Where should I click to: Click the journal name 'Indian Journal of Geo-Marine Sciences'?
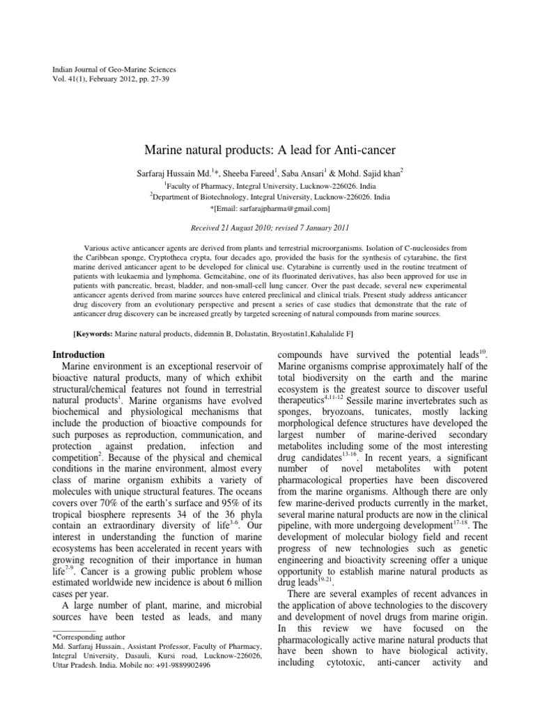point(115,70)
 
